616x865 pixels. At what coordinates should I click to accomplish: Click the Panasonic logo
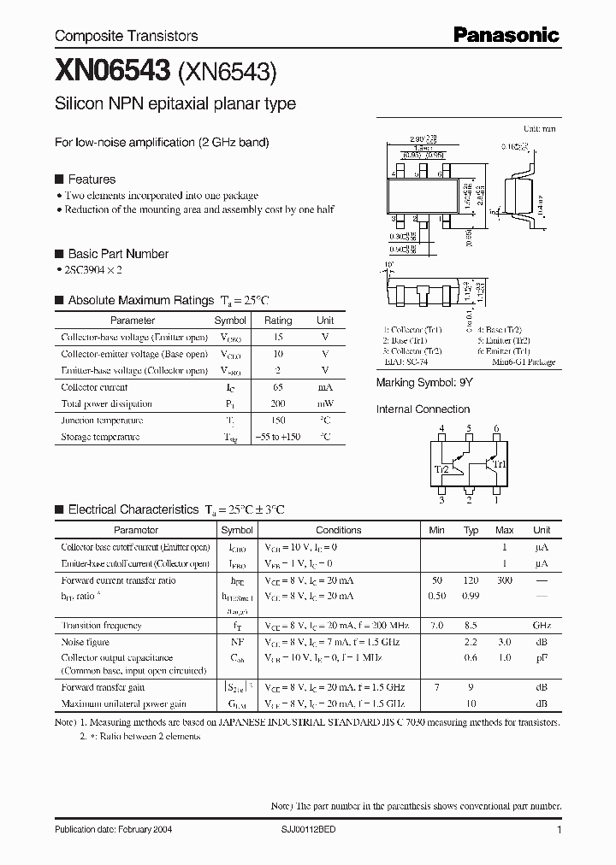(x=506, y=35)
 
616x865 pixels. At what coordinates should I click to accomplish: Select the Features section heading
(x=92, y=179)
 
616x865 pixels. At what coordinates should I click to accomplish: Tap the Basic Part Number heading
(x=118, y=254)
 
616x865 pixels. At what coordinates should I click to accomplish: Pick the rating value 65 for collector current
(x=277, y=387)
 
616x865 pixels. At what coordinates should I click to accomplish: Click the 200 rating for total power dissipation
(x=277, y=403)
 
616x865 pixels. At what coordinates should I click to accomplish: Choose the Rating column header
(x=277, y=321)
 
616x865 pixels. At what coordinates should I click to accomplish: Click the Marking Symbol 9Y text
(x=425, y=384)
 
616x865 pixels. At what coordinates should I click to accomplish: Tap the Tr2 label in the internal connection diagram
(x=442, y=469)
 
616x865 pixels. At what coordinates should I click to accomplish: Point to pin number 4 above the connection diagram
(x=441, y=428)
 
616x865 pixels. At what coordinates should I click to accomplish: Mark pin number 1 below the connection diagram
(x=495, y=501)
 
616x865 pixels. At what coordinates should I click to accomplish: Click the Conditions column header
(x=338, y=530)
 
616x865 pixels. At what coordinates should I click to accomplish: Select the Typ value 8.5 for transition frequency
(x=471, y=626)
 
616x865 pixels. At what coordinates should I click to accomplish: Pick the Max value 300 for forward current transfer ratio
(x=505, y=580)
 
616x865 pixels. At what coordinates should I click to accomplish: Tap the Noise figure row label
(x=86, y=642)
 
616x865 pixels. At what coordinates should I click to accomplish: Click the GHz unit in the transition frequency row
(x=542, y=626)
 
